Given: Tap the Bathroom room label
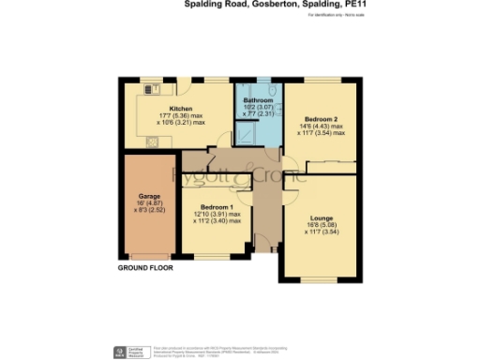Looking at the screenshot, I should (258, 99).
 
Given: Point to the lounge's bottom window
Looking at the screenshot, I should (318, 279).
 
